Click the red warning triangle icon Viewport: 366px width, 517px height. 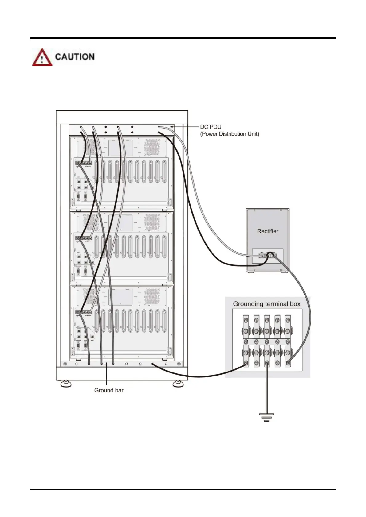pos(42,58)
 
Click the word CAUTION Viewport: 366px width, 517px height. pos(75,57)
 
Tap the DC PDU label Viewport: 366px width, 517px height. pos(211,127)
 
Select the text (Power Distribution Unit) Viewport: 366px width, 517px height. pos(230,134)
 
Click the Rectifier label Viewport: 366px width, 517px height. pos(267,231)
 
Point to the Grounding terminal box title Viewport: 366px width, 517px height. pos(266,304)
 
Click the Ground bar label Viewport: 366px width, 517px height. pos(109,390)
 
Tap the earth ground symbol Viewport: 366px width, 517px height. pos(266,417)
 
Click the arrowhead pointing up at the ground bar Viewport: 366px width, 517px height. pos(106,364)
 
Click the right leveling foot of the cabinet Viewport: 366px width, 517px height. pos(178,384)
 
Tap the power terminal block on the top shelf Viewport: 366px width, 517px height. pos(84,163)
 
